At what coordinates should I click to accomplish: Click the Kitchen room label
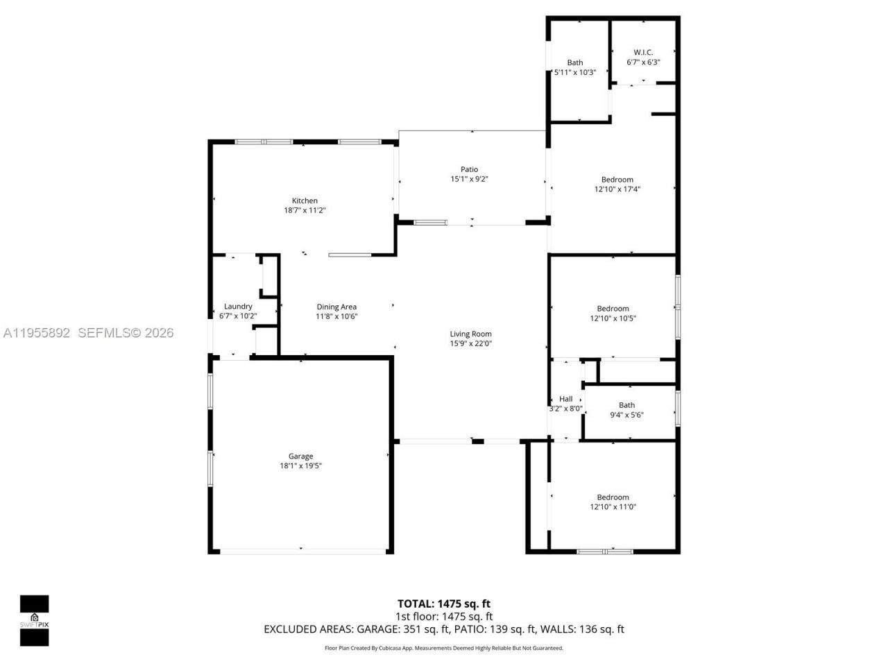tap(305, 200)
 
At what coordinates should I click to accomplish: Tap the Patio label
tap(470, 169)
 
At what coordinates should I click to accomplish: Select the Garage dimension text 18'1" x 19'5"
tap(300, 466)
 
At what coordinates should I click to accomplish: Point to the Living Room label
tap(471, 334)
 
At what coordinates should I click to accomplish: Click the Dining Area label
tap(336, 307)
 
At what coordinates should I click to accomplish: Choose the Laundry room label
tap(238, 306)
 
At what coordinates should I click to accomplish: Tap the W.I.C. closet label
tap(643, 52)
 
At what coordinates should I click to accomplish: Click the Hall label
tap(566, 399)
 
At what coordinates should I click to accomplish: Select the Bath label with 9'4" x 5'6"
tap(626, 405)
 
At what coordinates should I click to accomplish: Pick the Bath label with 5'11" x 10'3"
tap(575, 62)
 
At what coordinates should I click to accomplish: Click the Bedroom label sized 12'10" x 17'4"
tap(617, 180)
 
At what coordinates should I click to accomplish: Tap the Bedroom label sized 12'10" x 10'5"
tap(613, 309)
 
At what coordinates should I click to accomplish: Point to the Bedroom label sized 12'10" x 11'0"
tap(613, 497)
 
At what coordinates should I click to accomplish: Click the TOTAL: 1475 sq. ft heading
tap(444, 604)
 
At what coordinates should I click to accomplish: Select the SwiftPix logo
tap(34, 620)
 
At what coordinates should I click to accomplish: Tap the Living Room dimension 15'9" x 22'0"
tap(471, 343)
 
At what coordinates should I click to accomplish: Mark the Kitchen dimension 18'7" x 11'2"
tap(305, 210)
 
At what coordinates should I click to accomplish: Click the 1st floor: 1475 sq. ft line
tap(444, 616)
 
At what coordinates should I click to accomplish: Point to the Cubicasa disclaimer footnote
tap(444, 648)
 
